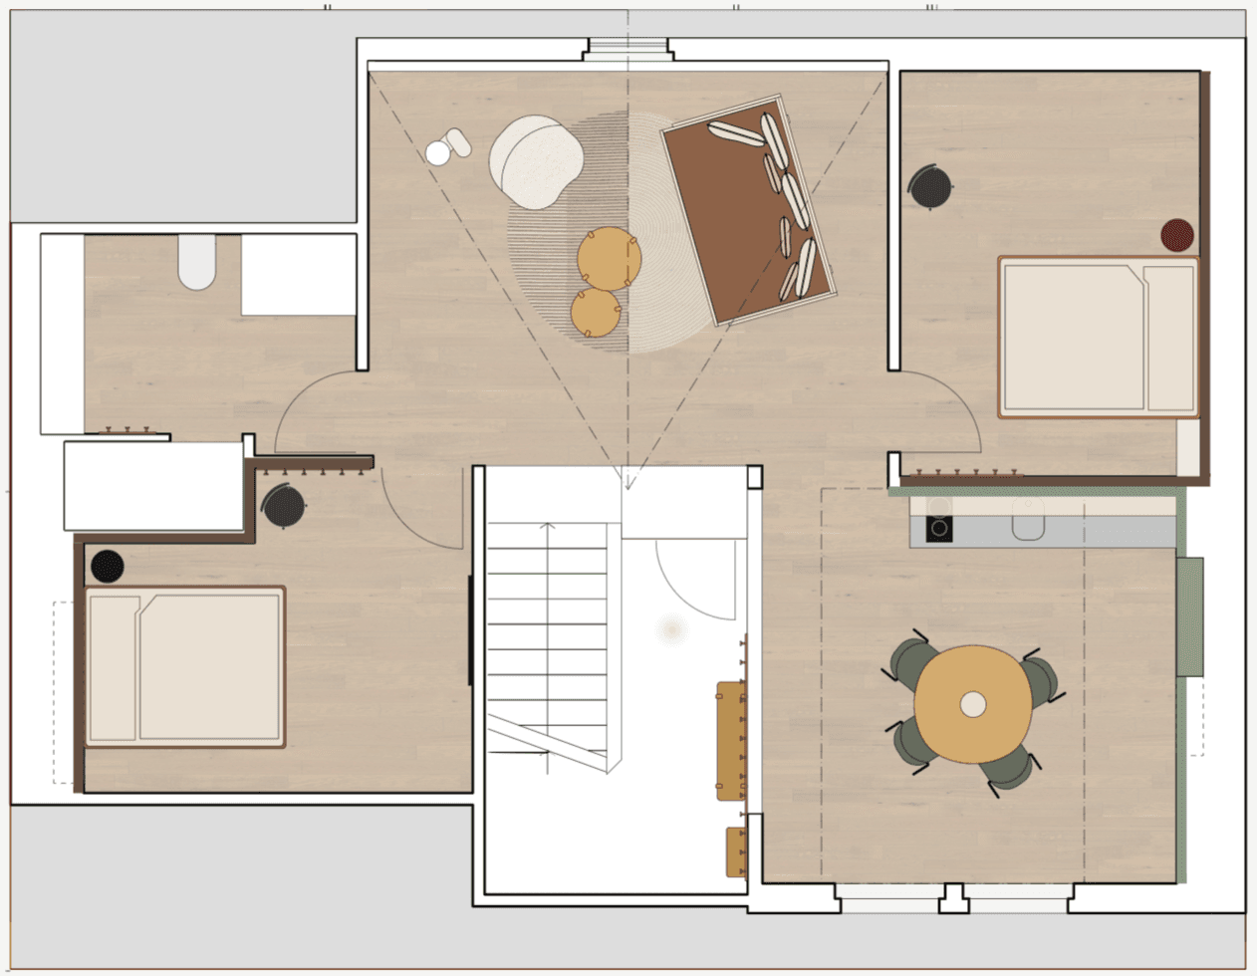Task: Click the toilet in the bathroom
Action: (x=197, y=262)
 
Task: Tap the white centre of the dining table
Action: (x=973, y=705)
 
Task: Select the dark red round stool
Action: (x=1177, y=235)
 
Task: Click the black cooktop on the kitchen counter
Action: (x=939, y=528)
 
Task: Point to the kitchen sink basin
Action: (x=1028, y=520)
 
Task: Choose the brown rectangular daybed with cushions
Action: (x=748, y=211)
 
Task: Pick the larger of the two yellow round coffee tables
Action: (x=609, y=259)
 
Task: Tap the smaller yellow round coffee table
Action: (x=596, y=313)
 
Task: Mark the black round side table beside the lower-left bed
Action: (x=108, y=567)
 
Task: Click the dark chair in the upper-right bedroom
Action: (x=931, y=187)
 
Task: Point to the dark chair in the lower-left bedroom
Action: (x=284, y=507)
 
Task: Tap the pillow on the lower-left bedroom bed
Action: (x=113, y=667)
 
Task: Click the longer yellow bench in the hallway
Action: (x=731, y=740)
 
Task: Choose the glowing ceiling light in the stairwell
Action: (x=671, y=629)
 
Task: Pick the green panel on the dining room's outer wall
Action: (x=1190, y=616)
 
